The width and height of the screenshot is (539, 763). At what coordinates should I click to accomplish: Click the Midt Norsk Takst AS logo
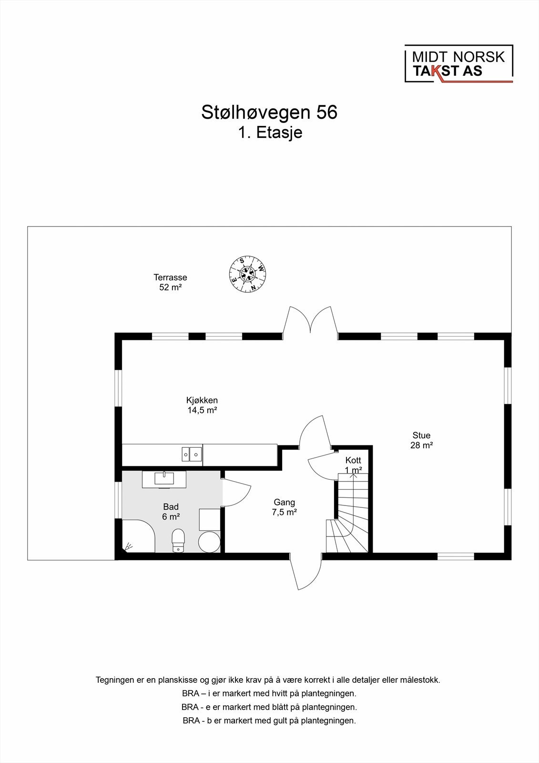tap(458, 64)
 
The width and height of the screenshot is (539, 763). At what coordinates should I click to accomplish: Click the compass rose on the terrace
tap(247, 274)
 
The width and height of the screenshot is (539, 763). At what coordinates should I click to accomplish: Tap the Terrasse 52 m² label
tap(170, 282)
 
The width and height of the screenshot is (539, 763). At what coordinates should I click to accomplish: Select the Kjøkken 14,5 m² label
tap(202, 405)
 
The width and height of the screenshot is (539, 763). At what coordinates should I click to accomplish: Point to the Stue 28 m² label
tap(421, 440)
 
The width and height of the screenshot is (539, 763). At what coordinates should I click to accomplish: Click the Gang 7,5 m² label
tap(285, 507)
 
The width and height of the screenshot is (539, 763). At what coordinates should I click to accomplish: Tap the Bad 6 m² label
tap(171, 511)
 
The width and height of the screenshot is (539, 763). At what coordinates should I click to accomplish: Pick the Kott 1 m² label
tap(353, 465)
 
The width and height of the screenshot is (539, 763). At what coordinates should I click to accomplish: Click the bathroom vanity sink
tap(164, 479)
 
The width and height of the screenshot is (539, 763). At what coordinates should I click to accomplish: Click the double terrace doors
tap(311, 321)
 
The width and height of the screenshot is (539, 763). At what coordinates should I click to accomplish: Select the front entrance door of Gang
tap(305, 571)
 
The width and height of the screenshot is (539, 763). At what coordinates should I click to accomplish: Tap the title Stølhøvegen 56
tap(269, 113)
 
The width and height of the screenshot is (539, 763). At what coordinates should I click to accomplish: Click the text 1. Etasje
tap(270, 133)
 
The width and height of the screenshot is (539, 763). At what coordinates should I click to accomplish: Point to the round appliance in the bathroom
tap(209, 542)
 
